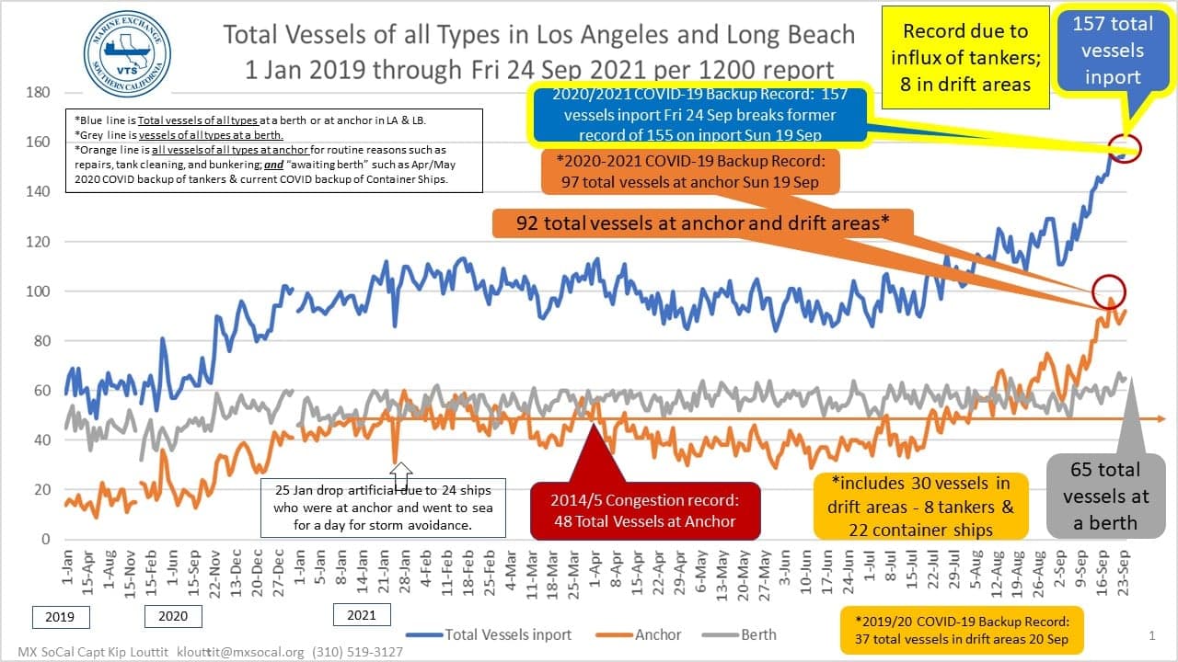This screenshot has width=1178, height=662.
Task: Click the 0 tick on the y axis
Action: (43, 539)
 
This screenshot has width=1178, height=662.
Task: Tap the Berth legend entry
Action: (757, 634)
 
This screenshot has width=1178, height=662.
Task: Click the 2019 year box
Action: (62, 616)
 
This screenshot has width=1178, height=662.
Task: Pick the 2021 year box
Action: (362, 614)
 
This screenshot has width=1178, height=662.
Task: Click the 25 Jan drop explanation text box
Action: (383, 508)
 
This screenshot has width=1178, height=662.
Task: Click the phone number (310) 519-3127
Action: (357, 652)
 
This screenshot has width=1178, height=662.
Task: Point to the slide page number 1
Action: (1151, 635)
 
